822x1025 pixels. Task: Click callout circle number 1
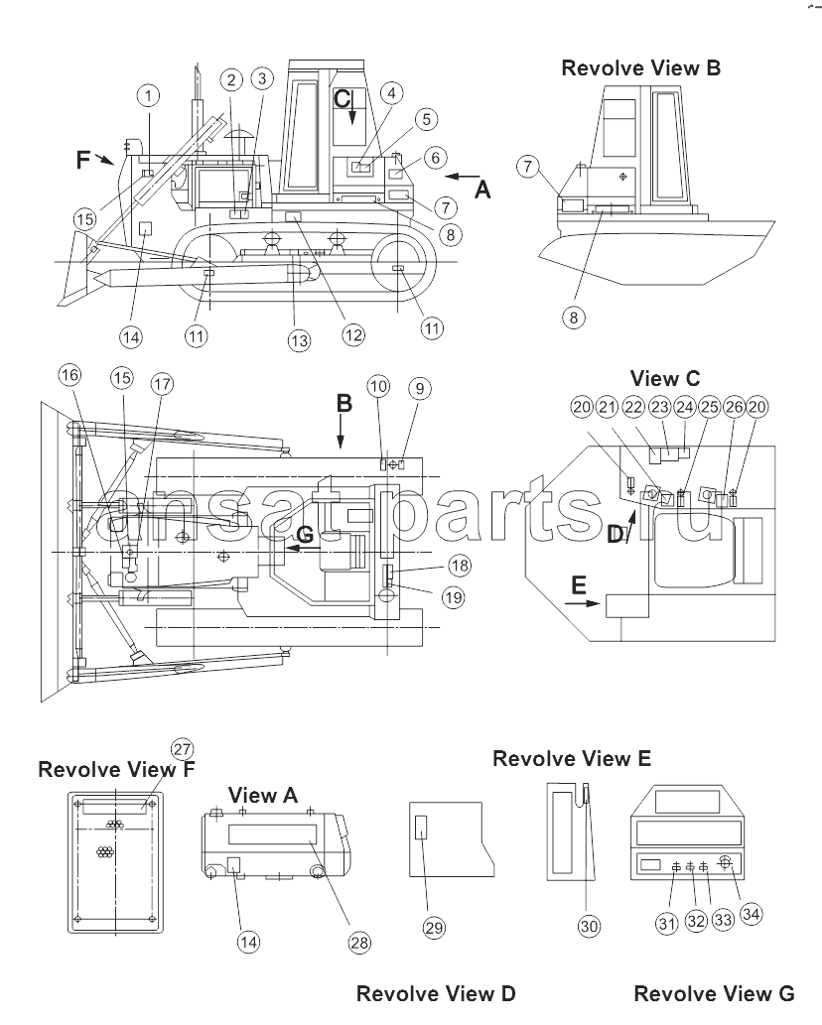(x=149, y=96)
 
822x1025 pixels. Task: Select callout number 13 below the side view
(x=299, y=340)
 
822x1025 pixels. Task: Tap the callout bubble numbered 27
(x=183, y=749)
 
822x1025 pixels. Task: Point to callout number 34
(x=751, y=913)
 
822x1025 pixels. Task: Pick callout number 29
(x=434, y=927)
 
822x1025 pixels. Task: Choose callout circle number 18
(x=460, y=565)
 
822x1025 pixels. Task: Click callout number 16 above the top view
(x=69, y=375)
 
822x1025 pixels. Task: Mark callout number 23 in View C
(x=660, y=407)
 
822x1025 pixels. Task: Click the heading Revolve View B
(x=641, y=68)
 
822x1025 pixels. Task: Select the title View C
(x=665, y=378)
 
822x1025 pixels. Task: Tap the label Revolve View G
(x=714, y=994)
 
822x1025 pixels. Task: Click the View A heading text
(x=263, y=796)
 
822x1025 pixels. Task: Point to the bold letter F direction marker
(x=83, y=159)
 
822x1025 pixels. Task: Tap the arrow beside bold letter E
(x=582, y=603)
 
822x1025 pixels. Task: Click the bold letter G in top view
(x=305, y=535)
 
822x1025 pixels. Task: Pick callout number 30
(x=589, y=926)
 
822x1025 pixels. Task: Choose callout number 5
(x=426, y=120)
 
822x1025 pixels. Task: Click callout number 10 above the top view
(x=378, y=386)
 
